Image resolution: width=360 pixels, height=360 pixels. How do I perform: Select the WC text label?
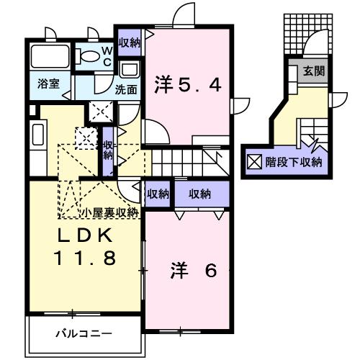pos(105,55)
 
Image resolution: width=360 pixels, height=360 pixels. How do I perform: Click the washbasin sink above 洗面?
pos(130,71)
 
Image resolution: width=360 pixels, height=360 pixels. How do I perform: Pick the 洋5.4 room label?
pos(187,85)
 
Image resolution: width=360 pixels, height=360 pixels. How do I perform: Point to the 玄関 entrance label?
pos(314,71)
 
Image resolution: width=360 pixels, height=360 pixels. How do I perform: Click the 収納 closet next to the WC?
pos(130,42)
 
